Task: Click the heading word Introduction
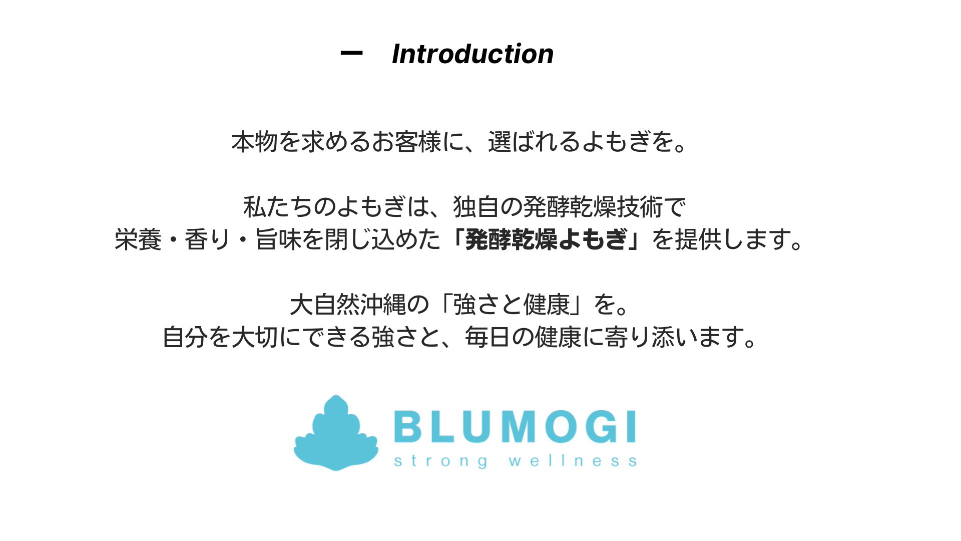coord(472,54)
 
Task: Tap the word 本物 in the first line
coord(254,142)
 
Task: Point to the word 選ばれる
coord(534,142)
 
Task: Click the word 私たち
coord(278,207)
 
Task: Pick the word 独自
coord(476,207)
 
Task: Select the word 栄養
coord(138,239)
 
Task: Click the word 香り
coord(208,239)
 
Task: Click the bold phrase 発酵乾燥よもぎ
coord(546,239)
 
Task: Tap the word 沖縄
coord(383,304)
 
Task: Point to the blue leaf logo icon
coord(336,433)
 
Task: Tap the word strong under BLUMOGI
coord(441,461)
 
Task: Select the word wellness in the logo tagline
coord(573,460)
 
